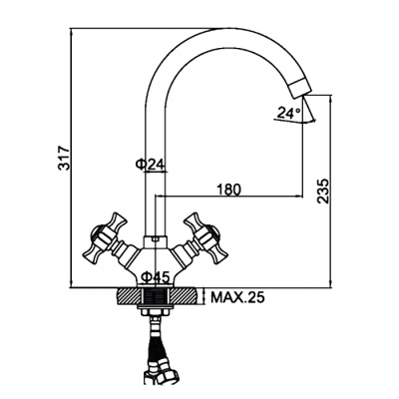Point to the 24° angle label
[288, 114]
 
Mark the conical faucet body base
[157, 261]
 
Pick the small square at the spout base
[157, 239]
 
